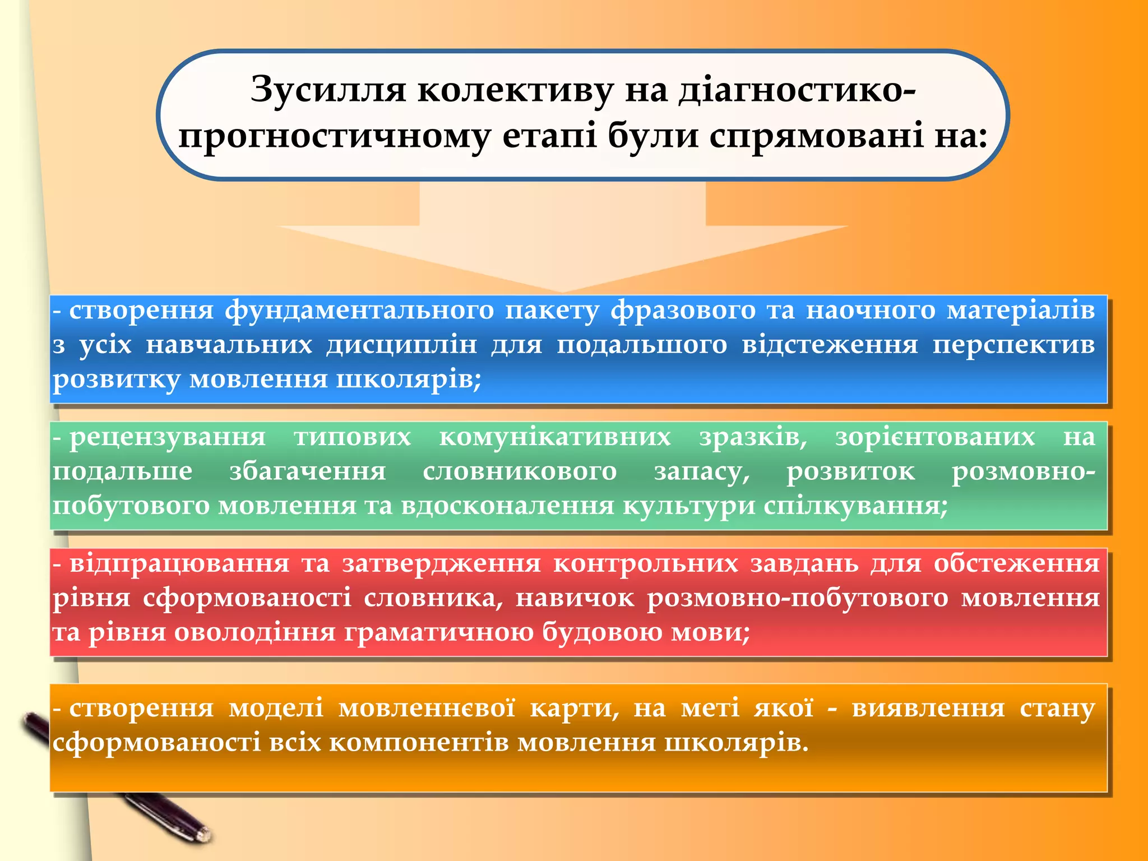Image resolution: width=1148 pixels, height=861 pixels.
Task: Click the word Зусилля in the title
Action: [x=328, y=90]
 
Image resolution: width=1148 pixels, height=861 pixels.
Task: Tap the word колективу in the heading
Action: [x=515, y=90]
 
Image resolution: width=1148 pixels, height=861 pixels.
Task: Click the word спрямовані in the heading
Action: [x=816, y=136]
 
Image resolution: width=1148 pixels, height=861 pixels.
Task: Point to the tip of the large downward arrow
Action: [x=562, y=290]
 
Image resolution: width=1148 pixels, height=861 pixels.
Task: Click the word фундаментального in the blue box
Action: [x=359, y=310]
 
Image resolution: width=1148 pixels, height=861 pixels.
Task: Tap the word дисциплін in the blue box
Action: [x=401, y=345]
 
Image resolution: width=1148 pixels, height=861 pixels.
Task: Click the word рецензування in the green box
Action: [x=168, y=437]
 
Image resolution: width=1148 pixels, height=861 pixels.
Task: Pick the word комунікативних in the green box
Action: [x=554, y=437]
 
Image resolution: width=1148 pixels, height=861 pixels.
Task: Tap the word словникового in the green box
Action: [x=520, y=471]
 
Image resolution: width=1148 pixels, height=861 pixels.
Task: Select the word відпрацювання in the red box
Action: [x=179, y=564]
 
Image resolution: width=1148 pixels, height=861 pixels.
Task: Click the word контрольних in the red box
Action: [x=646, y=564]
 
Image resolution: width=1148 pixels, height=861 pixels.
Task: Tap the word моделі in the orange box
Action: [x=276, y=709]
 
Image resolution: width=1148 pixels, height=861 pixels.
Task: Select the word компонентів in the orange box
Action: [x=418, y=743]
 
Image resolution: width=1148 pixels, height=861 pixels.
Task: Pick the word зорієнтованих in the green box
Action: [x=935, y=437]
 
